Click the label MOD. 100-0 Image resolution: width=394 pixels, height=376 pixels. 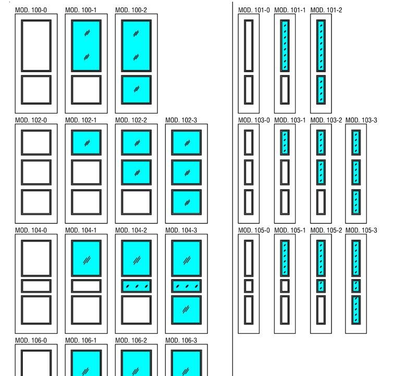click(x=31, y=10)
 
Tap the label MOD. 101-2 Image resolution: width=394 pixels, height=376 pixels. click(x=326, y=10)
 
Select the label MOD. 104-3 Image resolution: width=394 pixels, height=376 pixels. click(x=181, y=230)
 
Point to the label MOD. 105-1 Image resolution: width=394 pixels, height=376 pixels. click(x=290, y=230)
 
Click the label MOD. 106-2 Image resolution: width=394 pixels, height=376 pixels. click(x=131, y=341)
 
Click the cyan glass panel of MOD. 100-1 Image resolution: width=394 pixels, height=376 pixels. click(x=86, y=46)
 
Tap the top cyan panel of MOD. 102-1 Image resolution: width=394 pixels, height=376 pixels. click(x=86, y=142)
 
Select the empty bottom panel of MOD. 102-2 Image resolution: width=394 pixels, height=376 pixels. click(x=136, y=202)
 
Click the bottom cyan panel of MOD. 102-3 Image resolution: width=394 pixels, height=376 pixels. click(x=186, y=202)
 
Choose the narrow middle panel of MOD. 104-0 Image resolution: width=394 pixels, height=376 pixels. click(x=36, y=286)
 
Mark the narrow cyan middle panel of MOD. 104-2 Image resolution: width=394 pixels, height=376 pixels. click(x=136, y=286)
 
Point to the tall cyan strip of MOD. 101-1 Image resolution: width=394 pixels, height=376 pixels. click(x=285, y=46)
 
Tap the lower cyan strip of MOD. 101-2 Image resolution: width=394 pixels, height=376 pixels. click(x=321, y=90)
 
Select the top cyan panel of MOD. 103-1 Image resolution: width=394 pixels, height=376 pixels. click(x=285, y=142)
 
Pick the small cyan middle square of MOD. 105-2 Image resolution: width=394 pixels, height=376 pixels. click(x=321, y=286)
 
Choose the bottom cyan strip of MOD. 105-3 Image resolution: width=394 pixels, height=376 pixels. click(x=356, y=310)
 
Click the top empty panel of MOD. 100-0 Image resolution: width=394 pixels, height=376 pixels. click(x=36, y=46)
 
